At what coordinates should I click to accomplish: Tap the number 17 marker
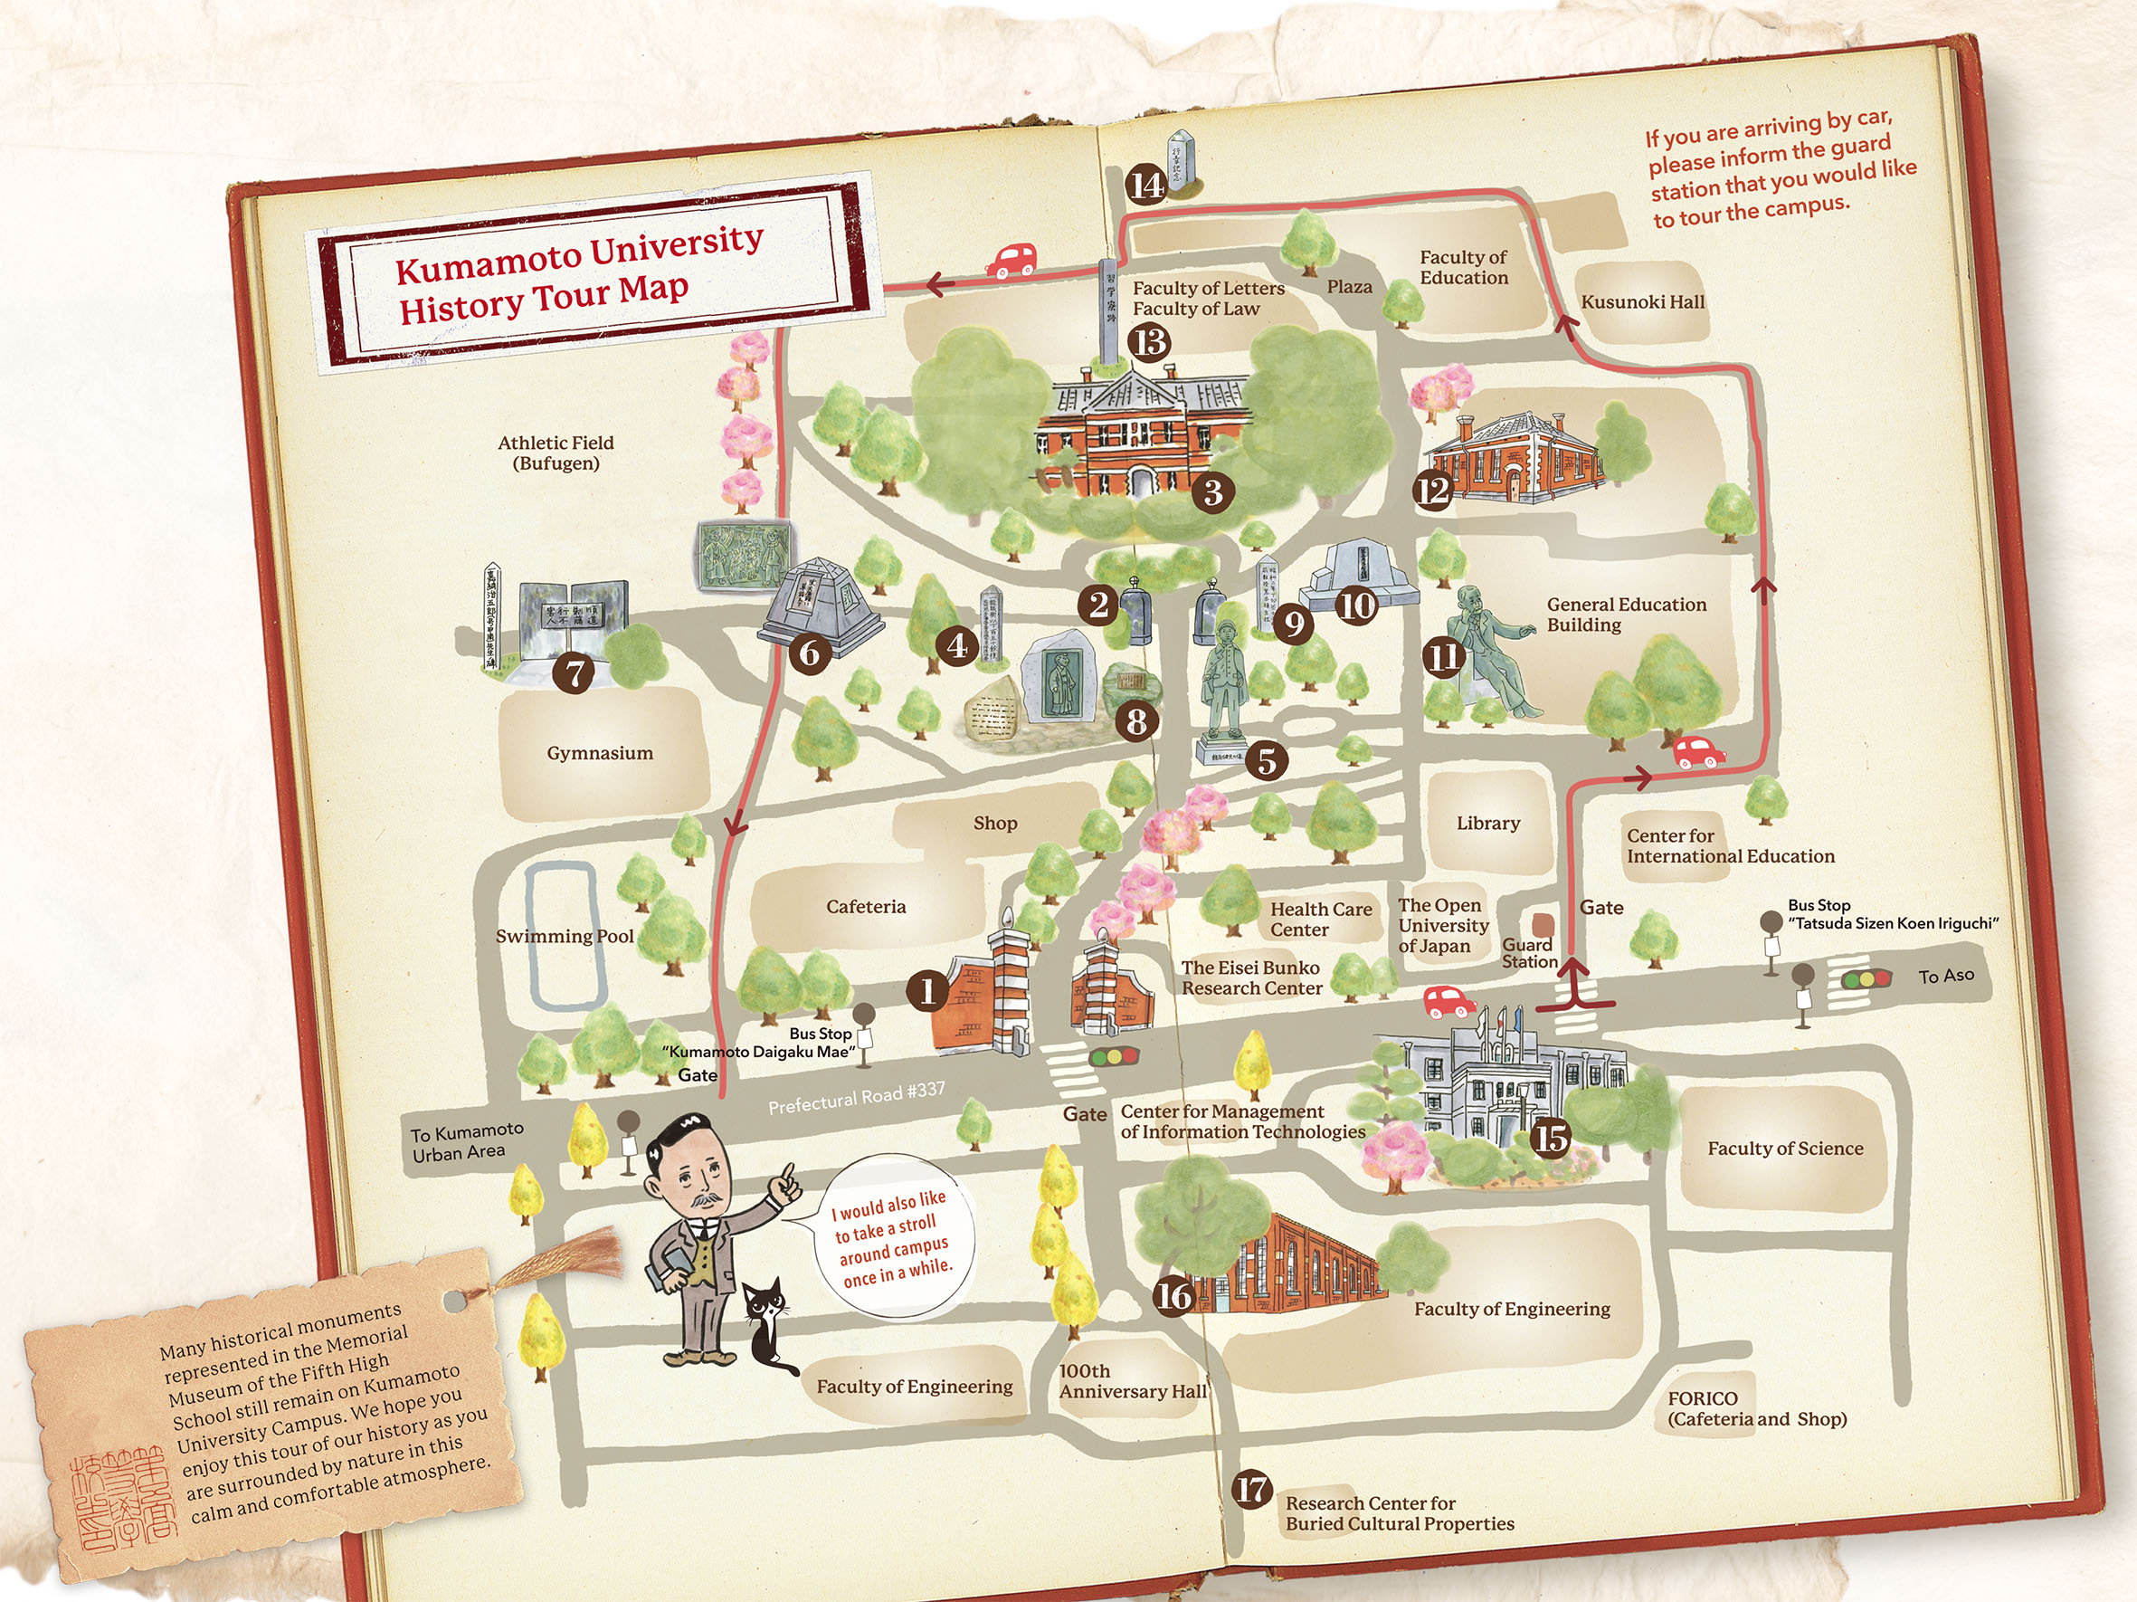tap(1252, 1489)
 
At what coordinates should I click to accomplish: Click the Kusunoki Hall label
tap(1642, 302)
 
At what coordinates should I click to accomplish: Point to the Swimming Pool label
tap(565, 935)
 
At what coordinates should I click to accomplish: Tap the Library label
tap(1487, 824)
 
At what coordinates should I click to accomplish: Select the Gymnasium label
tap(600, 753)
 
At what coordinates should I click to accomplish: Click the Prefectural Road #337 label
tap(856, 1098)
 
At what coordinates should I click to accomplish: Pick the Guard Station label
tap(1528, 953)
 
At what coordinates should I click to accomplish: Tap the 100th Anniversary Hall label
tap(1132, 1381)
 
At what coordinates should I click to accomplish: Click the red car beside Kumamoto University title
tap(1011, 260)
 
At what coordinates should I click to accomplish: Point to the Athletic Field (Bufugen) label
tap(556, 453)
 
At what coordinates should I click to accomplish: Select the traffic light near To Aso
tap(1866, 978)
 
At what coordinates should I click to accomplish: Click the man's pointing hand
tap(787, 1183)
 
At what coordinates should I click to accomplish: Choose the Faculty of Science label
tap(1784, 1148)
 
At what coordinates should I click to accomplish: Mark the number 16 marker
tap(1173, 1295)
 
